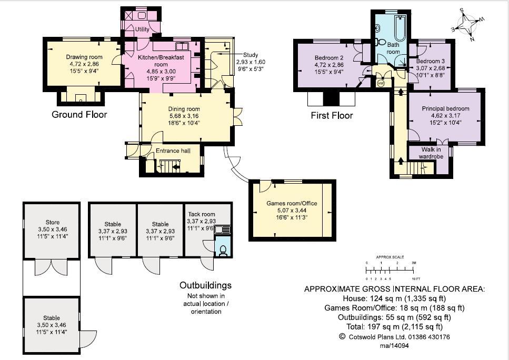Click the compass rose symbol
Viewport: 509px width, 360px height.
coord(467,25)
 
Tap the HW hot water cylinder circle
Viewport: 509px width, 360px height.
coord(381,84)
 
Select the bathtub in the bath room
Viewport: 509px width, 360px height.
coord(400,28)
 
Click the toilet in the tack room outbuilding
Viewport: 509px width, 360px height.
coord(223,251)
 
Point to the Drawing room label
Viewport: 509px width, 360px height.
coord(84,57)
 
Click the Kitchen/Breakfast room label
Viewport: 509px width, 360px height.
coord(161,61)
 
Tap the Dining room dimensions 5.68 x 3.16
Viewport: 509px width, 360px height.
coord(184,116)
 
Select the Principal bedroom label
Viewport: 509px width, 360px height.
coord(445,108)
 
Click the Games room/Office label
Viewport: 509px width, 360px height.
coord(292,203)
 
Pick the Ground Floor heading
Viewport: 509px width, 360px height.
coord(79,114)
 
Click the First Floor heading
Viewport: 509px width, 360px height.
coord(332,115)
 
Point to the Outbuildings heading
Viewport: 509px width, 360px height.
coord(205,285)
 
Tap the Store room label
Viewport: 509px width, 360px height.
coord(53,222)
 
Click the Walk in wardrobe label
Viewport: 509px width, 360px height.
coord(431,153)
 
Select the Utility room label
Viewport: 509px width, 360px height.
coord(142,29)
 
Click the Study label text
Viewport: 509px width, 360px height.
coord(251,55)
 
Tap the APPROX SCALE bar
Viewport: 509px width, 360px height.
coord(390,270)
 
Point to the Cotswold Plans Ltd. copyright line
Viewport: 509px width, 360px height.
coord(394,337)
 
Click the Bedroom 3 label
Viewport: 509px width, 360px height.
coord(431,61)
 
